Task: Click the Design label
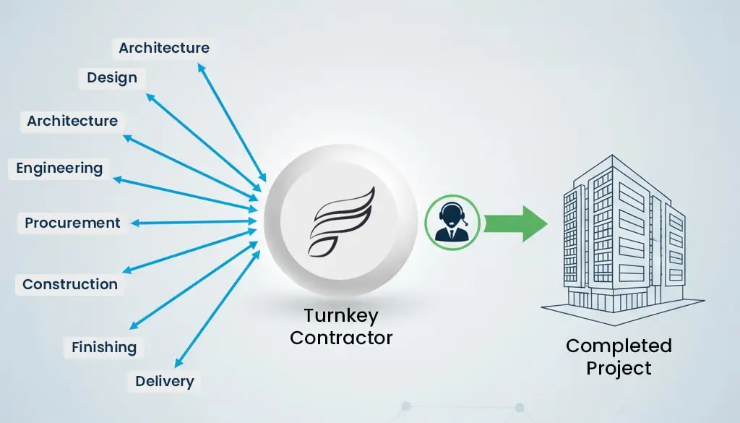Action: coord(112,77)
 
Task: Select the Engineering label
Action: coord(59,168)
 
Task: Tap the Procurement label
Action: coord(72,223)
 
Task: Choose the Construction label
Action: coord(69,284)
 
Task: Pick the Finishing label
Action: coord(104,347)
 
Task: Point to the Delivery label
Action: coord(164,381)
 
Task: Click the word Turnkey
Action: coord(340,316)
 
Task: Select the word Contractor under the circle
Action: coord(340,337)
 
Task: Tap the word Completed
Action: coord(619,346)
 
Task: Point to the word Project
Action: coord(619,368)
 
